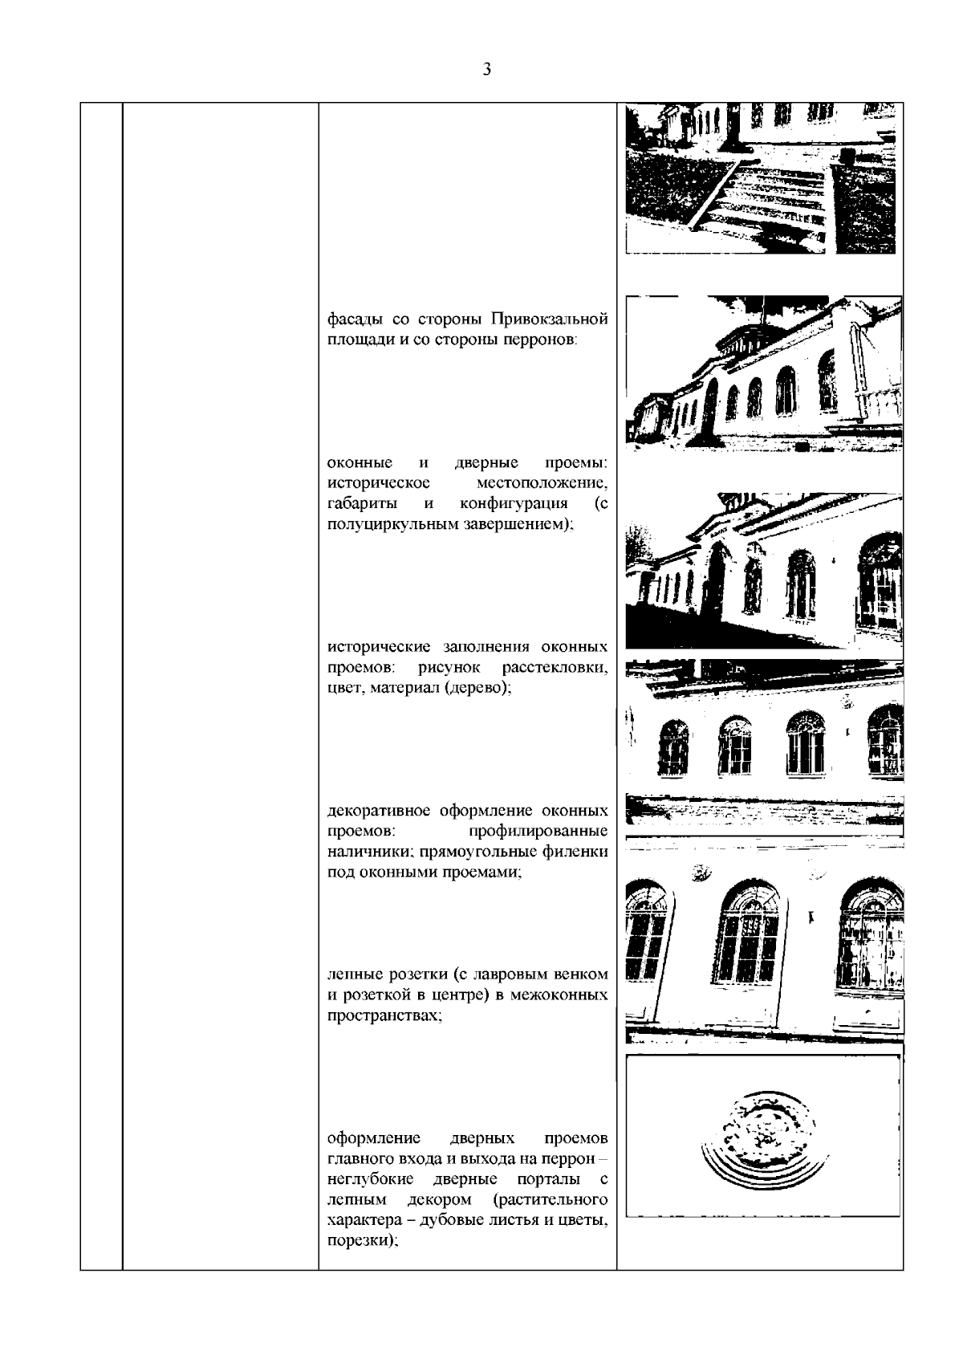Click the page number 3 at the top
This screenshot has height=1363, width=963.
click(x=487, y=69)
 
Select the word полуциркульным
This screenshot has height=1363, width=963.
click(x=380, y=525)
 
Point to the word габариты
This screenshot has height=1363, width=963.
click(x=360, y=504)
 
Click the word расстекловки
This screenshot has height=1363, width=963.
click(x=555, y=668)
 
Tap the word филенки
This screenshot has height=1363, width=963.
click(x=579, y=851)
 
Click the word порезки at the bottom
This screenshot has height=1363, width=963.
click(x=362, y=1242)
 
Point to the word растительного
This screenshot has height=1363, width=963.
click(x=551, y=1200)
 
